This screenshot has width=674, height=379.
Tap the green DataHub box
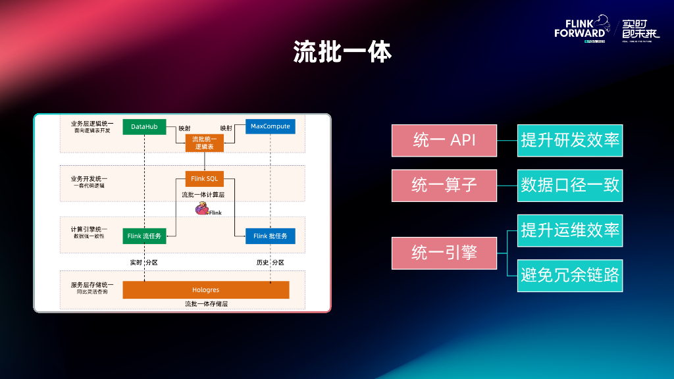point(144,126)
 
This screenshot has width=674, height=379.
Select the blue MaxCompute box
point(271,126)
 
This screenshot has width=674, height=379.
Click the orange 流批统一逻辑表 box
point(204,143)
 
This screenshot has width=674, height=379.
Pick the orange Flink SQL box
point(204,179)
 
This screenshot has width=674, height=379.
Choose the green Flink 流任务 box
point(144,236)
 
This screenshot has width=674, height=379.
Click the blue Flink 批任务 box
point(271,236)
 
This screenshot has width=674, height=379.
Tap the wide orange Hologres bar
point(206,290)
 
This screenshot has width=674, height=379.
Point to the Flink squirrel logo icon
point(201,209)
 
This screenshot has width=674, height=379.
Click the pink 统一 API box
point(444,141)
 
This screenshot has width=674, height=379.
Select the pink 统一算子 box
point(444,186)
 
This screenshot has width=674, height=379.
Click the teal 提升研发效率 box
point(570,140)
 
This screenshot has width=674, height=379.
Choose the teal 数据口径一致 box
point(570,186)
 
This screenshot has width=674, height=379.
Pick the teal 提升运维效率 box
point(570,230)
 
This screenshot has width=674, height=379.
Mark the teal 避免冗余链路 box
point(570,275)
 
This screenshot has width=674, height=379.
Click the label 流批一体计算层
point(204,195)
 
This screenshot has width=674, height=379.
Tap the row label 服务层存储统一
point(92,285)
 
